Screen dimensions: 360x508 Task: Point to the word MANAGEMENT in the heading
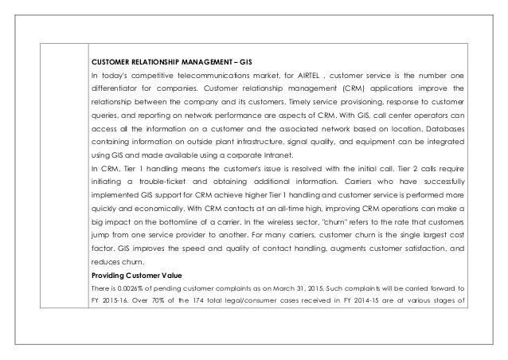pyautogui.click(x=187, y=61)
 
